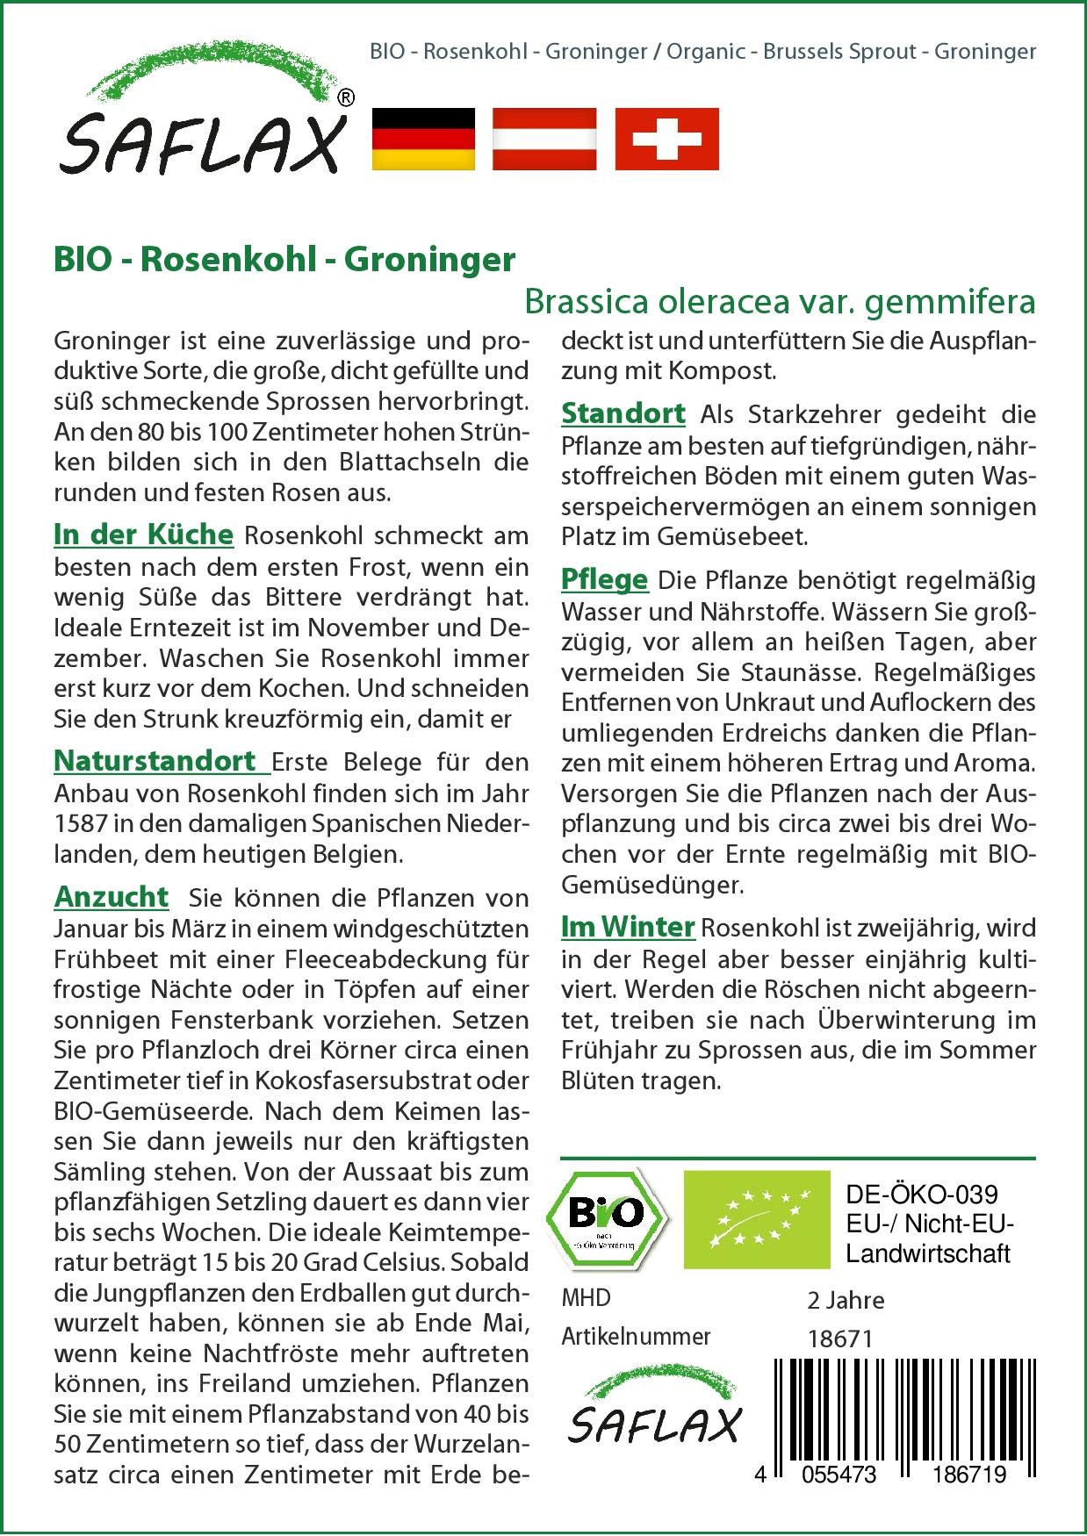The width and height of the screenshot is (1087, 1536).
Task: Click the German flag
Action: click(x=424, y=139)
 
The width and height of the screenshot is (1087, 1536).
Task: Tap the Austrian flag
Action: click(x=544, y=139)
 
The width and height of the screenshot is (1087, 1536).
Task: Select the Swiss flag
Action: click(x=666, y=139)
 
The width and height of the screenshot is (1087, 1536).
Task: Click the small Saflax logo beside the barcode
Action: click(x=654, y=1410)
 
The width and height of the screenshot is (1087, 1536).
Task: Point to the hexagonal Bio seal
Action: click(x=607, y=1217)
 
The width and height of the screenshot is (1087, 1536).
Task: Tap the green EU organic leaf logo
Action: click(x=757, y=1218)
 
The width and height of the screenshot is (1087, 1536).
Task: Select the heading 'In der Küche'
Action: click(x=144, y=535)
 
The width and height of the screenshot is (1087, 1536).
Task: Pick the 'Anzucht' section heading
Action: click(x=112, y=896)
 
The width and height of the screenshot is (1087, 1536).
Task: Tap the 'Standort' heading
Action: click(x=623, y=413)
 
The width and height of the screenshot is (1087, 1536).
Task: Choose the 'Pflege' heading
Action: click(x=605, y=579)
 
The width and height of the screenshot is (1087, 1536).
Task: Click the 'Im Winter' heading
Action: click(x=628, y=926)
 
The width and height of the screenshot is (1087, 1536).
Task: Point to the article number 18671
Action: click(x=839, y=1339)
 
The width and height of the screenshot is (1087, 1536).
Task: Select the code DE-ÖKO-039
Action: click(x=922, y=1195)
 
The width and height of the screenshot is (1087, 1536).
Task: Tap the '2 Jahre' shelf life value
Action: click(x=846, y=1300)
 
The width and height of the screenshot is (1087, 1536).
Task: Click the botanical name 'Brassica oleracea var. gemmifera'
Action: click(x=780, y=301)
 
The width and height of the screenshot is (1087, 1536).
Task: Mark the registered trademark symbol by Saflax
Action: click(x=346, y=98)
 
